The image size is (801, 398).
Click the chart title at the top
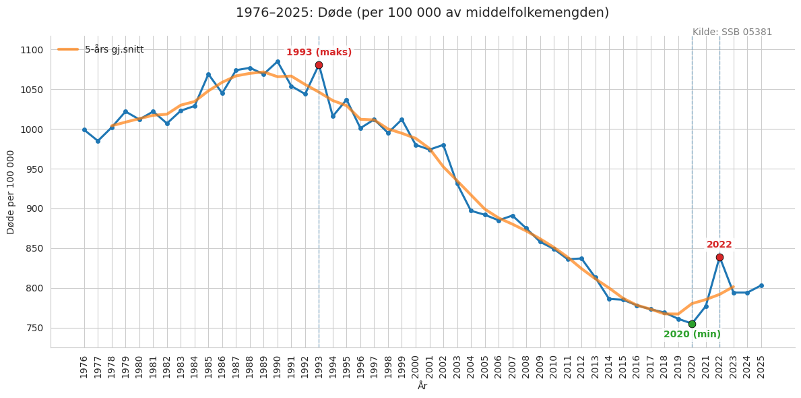[x=422, y=13]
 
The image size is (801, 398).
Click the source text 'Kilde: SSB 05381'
[x=732, y=32]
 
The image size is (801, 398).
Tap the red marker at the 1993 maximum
[x=319, y=65]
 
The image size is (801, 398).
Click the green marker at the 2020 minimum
[x=692, y=324]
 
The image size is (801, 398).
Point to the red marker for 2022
[x=719, y=257]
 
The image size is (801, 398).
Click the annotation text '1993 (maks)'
[x=319, y=53]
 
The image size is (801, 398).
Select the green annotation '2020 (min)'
[x=692, y=335]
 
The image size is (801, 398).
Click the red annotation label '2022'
[x=719, y=245]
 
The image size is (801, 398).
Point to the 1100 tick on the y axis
[x=31, y=50]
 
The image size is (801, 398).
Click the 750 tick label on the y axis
[x=34, y=328]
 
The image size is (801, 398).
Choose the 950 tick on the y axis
[x=34, y=169]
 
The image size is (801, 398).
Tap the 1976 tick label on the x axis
[x=84, y=367]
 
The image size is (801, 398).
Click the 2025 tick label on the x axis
[x=761, y=367]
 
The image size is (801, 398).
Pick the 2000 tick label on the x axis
[x=416, y=367]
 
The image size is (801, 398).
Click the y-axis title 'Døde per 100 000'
[x=11, y=192]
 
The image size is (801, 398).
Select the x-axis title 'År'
[x=422, y=386]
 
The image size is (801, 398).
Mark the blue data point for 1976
[x=84, y=130]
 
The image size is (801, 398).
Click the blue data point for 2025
[x=761, y=285]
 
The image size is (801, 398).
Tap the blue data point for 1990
[x=278, y=61]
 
